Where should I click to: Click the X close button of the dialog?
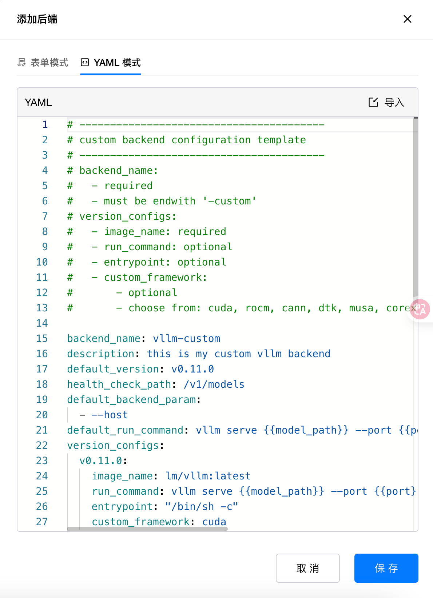point(408,19)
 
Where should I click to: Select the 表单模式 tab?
point(43,63)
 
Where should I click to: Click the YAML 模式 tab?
point(111,63)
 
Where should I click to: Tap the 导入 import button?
point(386,102)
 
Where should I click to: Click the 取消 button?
point(308,568)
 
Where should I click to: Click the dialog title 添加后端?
point(37,19)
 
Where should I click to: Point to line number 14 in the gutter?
point(42,323)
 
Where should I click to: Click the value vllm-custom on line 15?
point(186,339)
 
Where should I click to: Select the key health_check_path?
point(119,384)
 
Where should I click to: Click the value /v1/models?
point(214,384)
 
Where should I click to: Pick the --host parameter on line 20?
point(110,415)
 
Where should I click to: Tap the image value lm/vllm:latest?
point(208,476)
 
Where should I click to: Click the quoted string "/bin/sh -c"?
point(202,506)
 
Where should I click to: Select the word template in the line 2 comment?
point(282,140)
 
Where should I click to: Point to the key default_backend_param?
point(131,400)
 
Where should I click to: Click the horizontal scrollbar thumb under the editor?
point(147,529)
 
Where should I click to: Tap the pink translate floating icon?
point(420,310)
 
